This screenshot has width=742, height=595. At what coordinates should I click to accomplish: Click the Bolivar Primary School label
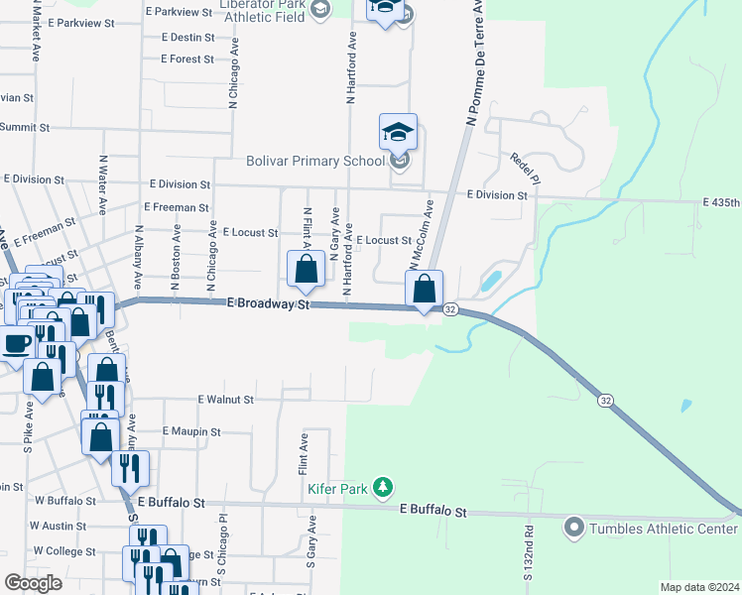tap(314, 161)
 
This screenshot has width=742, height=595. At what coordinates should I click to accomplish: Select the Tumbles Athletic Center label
tap(663, 528)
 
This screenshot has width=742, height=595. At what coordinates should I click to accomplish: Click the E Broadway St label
tap(269, 304)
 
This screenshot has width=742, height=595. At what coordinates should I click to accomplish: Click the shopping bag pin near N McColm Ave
tap(424, 290)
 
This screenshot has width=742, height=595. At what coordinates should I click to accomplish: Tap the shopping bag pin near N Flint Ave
tap(306, 269)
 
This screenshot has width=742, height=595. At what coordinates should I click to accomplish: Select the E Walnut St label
tap(226, 399)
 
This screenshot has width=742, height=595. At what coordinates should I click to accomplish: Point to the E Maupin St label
tap(192, 431)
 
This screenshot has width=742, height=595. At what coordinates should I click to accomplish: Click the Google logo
tap(33, 582)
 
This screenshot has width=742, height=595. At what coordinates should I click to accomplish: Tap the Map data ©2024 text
tap(698, 587)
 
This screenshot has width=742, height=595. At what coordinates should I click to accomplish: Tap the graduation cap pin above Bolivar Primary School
tap(398, 132)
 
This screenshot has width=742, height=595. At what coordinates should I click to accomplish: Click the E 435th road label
tap(721, 202)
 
